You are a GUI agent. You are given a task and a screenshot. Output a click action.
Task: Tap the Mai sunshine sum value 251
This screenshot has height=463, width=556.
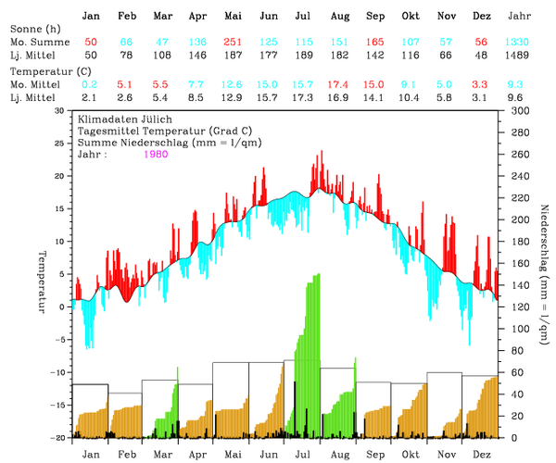coord(233,43)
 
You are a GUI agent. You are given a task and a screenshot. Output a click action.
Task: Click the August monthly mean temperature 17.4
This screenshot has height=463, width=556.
coord(339,84)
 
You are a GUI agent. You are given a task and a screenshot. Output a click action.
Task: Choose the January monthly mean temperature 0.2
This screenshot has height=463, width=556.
coord(90,84)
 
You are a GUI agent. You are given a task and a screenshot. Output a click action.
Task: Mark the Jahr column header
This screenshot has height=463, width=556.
coord(520,17)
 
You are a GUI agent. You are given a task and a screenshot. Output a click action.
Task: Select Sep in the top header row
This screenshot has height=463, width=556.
coord(375,17)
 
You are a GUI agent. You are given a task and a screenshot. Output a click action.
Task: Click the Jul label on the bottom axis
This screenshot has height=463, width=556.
coord(302,455)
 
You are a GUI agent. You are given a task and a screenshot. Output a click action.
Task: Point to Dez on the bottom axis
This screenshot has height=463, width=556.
coord(482,455)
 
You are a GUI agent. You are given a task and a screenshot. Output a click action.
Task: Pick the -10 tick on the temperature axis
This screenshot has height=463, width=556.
coord(59,372)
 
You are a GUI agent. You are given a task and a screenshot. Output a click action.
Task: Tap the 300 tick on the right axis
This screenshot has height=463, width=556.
coord(513,110)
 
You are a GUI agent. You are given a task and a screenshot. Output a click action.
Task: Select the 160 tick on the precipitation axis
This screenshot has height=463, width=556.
coord(513,263)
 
